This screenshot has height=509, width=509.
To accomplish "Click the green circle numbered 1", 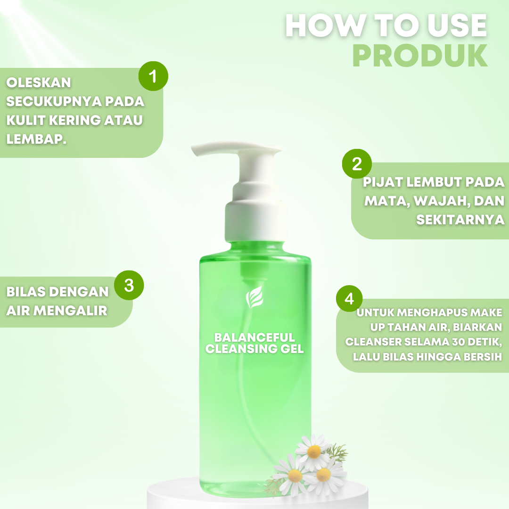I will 153,76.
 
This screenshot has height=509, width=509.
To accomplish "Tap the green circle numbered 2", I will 357,164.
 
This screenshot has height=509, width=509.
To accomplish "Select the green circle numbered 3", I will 129,285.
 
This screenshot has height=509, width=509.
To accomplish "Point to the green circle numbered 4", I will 349,299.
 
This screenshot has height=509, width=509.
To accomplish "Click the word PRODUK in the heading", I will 420,57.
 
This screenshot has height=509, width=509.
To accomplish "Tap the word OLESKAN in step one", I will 39,82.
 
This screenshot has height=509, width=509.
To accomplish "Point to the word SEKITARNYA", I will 460,220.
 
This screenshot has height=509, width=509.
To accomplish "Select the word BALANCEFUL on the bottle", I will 254,337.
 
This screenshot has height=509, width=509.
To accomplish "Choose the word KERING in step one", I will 79,120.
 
